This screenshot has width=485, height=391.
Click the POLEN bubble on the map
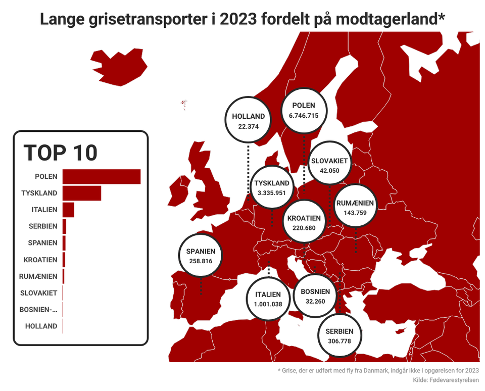point(304,111)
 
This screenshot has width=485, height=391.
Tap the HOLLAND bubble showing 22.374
point(248,121)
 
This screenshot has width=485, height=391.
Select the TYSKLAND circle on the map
point(272,187)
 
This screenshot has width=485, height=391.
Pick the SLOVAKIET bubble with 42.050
point(329,166)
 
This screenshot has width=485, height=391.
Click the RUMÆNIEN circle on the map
point(355,208)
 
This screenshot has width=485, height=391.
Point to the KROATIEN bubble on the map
point(304,223)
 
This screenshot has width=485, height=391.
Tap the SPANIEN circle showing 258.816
point(201,256)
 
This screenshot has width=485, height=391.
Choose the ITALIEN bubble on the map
point(268,299)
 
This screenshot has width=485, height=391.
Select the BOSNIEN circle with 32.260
point(315,296)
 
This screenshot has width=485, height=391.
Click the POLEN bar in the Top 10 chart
point(101,177)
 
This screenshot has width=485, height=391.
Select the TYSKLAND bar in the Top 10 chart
point(81,193)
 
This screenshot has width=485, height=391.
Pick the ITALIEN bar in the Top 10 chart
point(68,210)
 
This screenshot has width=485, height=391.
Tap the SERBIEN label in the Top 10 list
point(42,226)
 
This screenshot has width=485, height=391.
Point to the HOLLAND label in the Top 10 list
point(41,326)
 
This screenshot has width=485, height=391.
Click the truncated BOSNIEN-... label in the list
point(38,310)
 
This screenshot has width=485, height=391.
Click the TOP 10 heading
point(61,153)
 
